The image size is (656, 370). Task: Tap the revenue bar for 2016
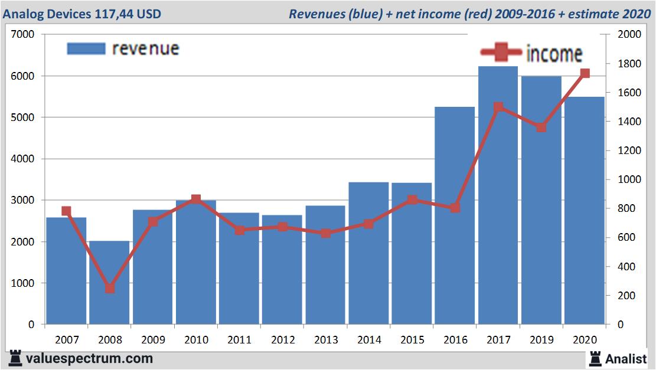pyautogui.click(x=455, y=236)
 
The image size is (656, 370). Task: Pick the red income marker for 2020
pyautogui.click(x=585, y=73)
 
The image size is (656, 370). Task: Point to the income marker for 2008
pyautogui.click(x=109, y=289)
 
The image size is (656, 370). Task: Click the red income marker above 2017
pyautogui.click(x=498, y=107)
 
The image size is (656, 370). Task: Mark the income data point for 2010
pyautogui.click(x=196, y=199)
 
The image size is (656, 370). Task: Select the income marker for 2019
pyautogui.click(x=541, y=127)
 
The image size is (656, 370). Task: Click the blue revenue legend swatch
pyautogui.click(x=86, y=48)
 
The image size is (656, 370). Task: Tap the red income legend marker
pyautogui.click(x=501, y=53)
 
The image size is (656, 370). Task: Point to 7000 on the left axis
pyautogui.click(x=22, y=35)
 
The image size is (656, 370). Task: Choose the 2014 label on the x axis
pyautogui.click(x=368, y=340)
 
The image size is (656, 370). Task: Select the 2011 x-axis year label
pyautogui.click(x=239, y=340)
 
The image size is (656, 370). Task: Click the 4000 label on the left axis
pyautogui.click(x=22, y=159)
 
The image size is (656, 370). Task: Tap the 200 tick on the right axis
pyautogui.click(x=625, y=296)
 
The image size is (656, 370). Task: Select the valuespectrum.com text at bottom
pyautogui.click(x=89, y=358)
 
